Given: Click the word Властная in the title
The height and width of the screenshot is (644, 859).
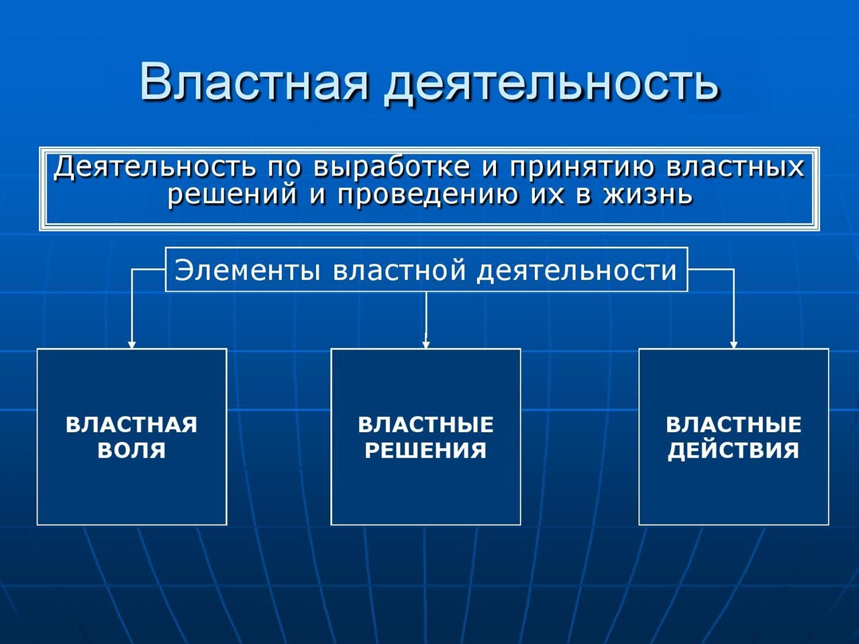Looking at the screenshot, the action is [x=254, y=81].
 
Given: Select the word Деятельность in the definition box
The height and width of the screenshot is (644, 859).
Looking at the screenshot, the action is [x=156, y=167].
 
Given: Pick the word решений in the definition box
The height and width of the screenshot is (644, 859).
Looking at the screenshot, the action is [x=232, y=195].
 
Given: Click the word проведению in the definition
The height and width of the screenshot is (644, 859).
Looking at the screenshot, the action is [x=429, y=195].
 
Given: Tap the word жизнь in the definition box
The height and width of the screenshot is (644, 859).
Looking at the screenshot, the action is [x=648, y=194].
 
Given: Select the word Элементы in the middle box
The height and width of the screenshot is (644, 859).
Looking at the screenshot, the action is [x=248, y=270].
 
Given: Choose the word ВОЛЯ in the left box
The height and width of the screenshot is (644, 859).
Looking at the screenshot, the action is [x=132, y=449].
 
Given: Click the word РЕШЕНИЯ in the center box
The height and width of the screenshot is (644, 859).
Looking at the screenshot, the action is [x=425, y=449].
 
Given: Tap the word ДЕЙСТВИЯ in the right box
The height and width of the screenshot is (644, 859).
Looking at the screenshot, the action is [x=734, y=450].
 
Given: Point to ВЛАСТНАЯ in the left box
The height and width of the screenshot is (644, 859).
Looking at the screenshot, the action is [x=132, y=424].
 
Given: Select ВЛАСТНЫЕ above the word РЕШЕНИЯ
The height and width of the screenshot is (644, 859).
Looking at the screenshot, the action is [x=425, y=424].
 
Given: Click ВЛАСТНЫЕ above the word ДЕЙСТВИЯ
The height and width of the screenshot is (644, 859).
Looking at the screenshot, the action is [x=734, y=424].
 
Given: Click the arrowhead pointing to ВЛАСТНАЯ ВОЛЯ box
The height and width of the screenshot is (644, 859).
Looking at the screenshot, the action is [x=132, y=345].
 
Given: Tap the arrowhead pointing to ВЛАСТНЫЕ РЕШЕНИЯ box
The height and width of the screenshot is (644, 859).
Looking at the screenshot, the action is [x=426, y=345].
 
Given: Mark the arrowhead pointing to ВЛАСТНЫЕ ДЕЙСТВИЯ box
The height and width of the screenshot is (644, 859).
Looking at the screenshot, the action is [x=734, y=345].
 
